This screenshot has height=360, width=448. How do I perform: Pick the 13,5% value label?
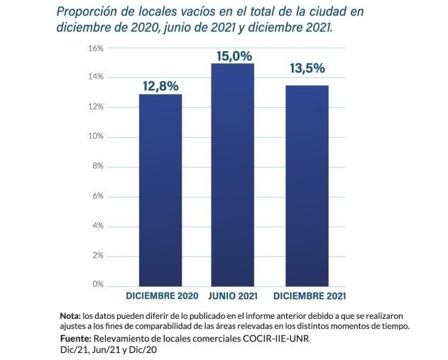307,69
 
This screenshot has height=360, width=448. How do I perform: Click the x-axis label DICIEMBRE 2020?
162,295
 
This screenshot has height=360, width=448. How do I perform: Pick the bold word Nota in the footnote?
69,315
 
